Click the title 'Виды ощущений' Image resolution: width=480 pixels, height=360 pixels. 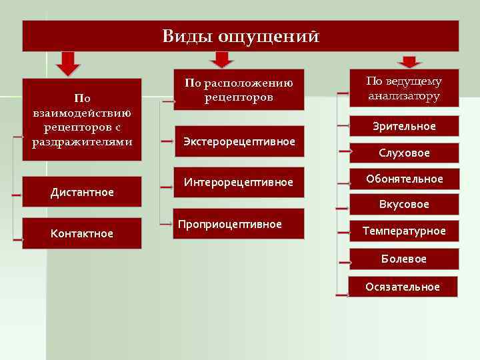(241, 35)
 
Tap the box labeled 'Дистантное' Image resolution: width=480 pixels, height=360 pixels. (82, 192)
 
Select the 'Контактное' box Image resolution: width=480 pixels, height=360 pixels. (82, 233)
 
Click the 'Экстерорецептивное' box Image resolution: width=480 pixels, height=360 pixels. (239, 141)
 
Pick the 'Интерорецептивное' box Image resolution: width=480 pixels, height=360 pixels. (239, 182)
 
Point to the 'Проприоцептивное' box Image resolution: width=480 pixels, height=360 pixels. (239, 224)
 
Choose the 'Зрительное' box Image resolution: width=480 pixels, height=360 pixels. (404, 126)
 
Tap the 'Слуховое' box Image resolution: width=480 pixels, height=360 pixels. (404, 153)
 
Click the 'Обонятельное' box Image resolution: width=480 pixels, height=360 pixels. (404, 179)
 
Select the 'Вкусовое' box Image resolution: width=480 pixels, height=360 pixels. (404, 205)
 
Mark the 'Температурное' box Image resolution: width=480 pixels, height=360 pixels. (404, 231)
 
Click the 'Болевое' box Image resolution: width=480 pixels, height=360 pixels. (404, 258)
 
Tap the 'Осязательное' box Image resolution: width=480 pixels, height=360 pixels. (403, 287)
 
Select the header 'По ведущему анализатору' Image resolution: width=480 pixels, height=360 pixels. (404, 88)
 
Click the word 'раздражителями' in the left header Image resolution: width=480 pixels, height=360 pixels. (82, 141)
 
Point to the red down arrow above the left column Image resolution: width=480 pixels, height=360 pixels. (67, 63)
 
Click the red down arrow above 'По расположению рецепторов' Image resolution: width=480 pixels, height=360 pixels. (222, 60)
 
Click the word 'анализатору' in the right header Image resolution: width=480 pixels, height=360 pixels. (404, 96)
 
